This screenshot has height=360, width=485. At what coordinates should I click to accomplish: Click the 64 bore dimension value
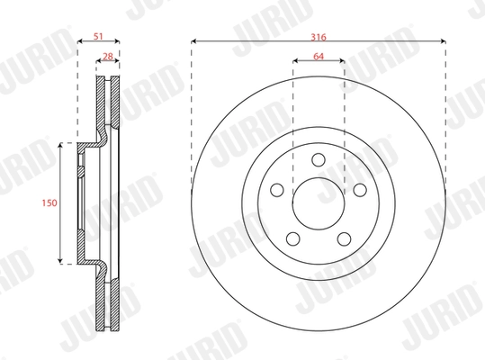click(x=319, y=56)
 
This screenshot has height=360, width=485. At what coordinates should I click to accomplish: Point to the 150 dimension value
click(x=50, y=204)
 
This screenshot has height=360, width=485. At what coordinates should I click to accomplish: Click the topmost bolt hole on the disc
click(x=319, y=160)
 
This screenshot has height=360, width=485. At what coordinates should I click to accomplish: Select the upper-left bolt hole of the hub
click(x=277, y=191)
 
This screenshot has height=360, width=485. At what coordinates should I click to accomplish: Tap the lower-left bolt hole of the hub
click(x=292, y=238)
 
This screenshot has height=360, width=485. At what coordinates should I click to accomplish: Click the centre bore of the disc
click(x=319, y=203)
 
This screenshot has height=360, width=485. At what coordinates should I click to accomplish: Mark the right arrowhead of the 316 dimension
click(x=445, y=40)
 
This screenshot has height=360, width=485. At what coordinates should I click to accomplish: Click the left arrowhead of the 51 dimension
click(x=78, y=40)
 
